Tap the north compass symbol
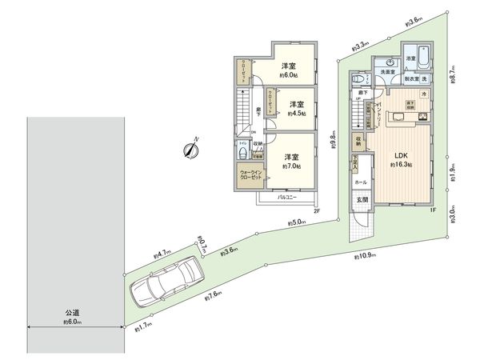click(191, 149)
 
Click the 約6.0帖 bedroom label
click(289, 70)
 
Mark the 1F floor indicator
click(431, 210)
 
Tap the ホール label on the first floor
click(361, 182)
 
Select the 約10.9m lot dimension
click(364, 257)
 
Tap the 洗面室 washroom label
click(389, 72)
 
